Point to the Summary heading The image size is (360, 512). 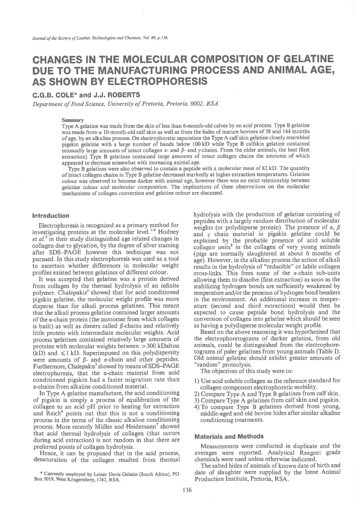coord(73,120)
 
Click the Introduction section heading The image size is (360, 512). coord(51,216)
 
